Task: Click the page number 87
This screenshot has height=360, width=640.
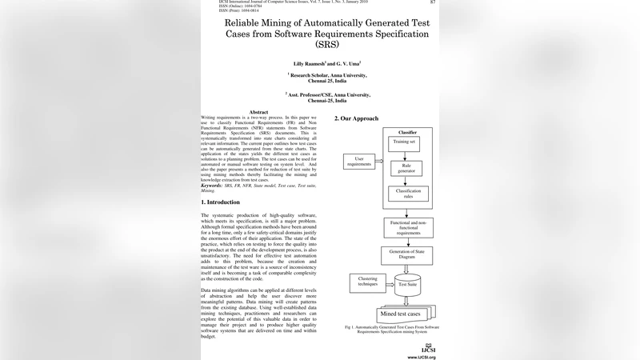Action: [x=433, y=2]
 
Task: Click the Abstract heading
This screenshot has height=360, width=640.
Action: [x=258, y=112]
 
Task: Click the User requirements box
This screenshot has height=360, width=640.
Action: [x=359, y=162]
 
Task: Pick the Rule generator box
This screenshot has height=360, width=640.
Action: [x=406, y=169]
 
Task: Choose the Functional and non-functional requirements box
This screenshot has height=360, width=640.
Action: [x=407, y=227]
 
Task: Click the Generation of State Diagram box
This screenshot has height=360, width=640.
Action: [x=407, y=256]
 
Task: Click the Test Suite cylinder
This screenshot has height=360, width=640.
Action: [x=407, y=285]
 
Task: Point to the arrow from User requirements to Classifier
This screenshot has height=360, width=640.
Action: [x=378, y=162]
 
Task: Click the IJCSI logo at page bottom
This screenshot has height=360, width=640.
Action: [x=428, y=349]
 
